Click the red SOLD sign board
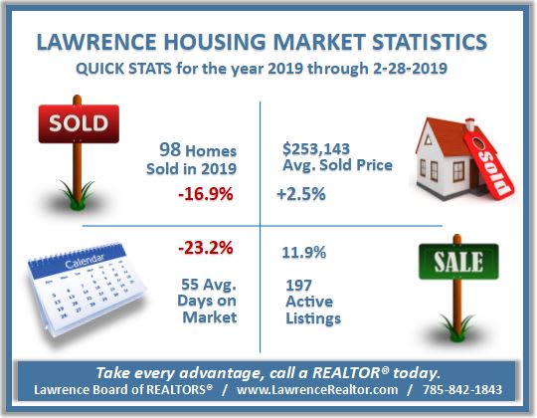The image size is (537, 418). [79, 123]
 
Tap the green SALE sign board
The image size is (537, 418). [458, 262]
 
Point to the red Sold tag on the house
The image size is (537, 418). [489, 164]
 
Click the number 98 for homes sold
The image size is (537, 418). [170, 149]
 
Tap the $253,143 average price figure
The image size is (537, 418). [316, 148]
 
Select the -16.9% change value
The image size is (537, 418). [206, 194]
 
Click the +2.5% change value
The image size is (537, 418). [301, 194]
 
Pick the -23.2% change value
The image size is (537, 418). [206, 248]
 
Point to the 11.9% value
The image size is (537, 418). [303, 253]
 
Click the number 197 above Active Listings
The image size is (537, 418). [298, 285]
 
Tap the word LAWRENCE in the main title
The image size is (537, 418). [96, 42]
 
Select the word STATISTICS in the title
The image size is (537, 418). [430, 42]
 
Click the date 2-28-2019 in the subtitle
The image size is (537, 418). [410, 69]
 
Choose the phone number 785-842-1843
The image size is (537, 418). [462, 389]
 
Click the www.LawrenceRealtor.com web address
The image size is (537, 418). [317, 389]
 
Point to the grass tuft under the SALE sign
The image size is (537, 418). [457, 328]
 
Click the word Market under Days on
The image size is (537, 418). [210, 316]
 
